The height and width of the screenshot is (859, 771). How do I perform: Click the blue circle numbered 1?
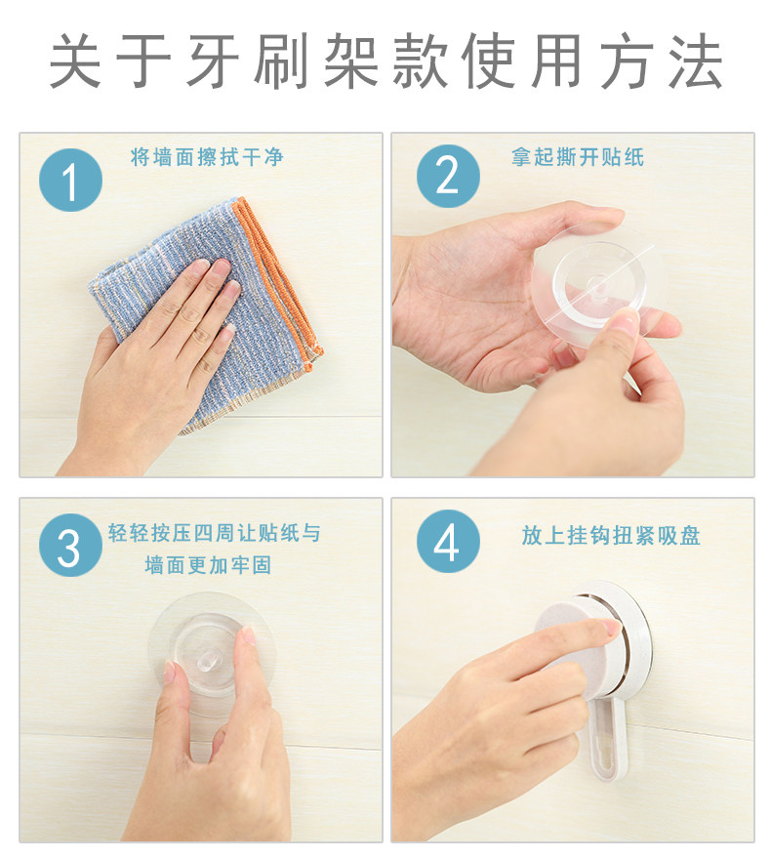70,180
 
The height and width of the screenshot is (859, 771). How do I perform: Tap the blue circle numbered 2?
448,176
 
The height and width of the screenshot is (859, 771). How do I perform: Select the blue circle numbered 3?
70,545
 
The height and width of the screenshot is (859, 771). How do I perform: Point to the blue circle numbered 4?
448,541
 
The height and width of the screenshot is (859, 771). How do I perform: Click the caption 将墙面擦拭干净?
207,157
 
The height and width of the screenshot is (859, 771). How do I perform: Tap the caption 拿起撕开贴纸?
578,157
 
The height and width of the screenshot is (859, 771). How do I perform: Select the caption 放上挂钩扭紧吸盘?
611,535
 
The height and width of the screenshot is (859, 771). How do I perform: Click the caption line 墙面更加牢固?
208,565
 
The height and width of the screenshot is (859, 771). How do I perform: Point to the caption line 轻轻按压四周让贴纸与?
214,533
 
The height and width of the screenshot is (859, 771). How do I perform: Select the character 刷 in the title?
281,61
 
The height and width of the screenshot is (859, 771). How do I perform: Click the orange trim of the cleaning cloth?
279,274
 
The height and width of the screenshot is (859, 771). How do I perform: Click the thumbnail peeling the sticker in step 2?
625,320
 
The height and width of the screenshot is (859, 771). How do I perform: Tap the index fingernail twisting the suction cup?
612,627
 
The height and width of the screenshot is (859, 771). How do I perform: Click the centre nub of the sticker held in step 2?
597,285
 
